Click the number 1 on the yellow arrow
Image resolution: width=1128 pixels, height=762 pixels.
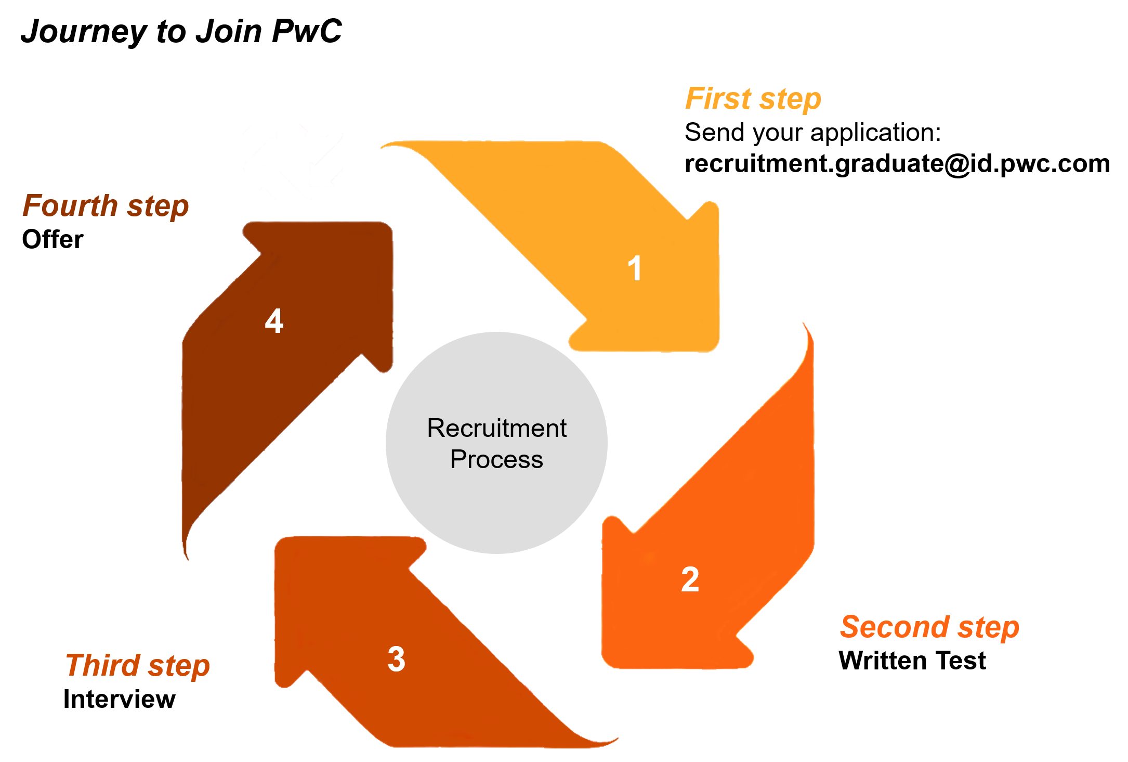click(x=635, y=268)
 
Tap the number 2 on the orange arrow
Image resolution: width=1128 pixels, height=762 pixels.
click(x=690, y=579)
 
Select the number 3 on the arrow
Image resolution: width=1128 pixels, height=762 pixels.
click(x=397, y=659)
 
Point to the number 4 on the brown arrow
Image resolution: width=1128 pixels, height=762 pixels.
click(x=274, y=320)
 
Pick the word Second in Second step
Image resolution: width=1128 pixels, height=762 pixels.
click(x=895, y=627)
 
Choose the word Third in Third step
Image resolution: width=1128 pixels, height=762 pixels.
click(x=102, y=665)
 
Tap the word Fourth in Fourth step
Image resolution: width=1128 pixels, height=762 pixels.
click(x=70, y=205)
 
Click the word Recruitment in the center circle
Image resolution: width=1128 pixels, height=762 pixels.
click(x=496, y=428)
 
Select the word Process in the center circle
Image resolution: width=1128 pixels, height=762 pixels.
click(x=496, y=460)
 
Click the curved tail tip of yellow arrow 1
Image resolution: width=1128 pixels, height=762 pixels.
click(x=385, y=146)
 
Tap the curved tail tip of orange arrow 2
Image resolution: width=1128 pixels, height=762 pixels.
click(x=804, y=326)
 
